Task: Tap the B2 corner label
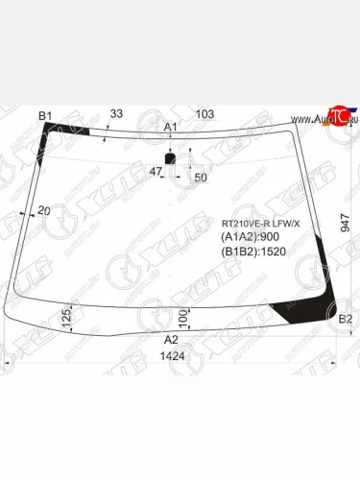346,319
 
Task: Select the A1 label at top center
171,127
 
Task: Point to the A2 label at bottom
171,340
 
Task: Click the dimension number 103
204,114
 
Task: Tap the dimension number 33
116,114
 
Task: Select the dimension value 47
155,171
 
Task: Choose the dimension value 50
200,178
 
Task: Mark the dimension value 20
44,210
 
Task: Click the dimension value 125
66,318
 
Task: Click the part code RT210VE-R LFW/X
260,224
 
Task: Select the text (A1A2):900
252,237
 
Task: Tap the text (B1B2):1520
254,252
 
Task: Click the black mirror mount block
171,158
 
